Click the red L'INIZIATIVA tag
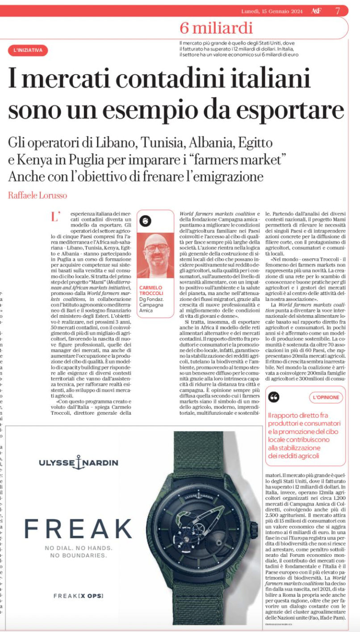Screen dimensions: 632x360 pyautogui.click(x=28, y=51)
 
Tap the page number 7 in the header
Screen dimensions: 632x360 pyautogui.click(x=338, y=11)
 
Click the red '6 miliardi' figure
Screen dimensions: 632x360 pyautogui.click(x=216, y=28)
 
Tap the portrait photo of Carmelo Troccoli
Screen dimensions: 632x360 pyautogui.click(x=155, y=255)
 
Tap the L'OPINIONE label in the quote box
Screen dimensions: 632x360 pyautogui.click(x=326, y=397)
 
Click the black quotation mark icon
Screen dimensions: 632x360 pyautogui.click(x=274, y=396)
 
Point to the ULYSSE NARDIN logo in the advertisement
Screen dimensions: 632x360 pyautogui.click(x=78, y=463)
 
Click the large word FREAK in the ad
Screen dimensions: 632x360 pyautogui.click(x=78, y=529)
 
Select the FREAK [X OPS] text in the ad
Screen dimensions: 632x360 pyautogui.click(x=78, y=596)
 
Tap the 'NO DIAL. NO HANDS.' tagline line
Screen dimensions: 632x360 pyautogui.click(x=78, y=548)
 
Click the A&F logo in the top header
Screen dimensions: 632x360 pyautogui.click(x=316, y=11)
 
